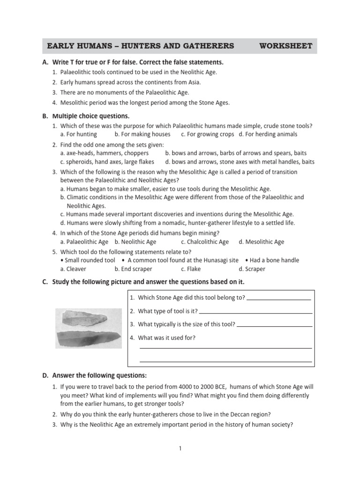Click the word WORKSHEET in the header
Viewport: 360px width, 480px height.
tap(285, 46)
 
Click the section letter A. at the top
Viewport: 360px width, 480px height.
tap(45, 62)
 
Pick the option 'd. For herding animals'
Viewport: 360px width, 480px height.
tap(268, 134)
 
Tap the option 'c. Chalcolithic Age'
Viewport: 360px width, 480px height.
tap(205, 242)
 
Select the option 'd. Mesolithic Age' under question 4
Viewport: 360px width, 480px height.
tap(261, 242)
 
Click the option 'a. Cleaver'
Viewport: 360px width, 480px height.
tap(74, 269)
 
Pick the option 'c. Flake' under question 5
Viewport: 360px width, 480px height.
tap(191, 269)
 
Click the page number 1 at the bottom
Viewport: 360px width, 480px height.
tap(180, 449)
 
